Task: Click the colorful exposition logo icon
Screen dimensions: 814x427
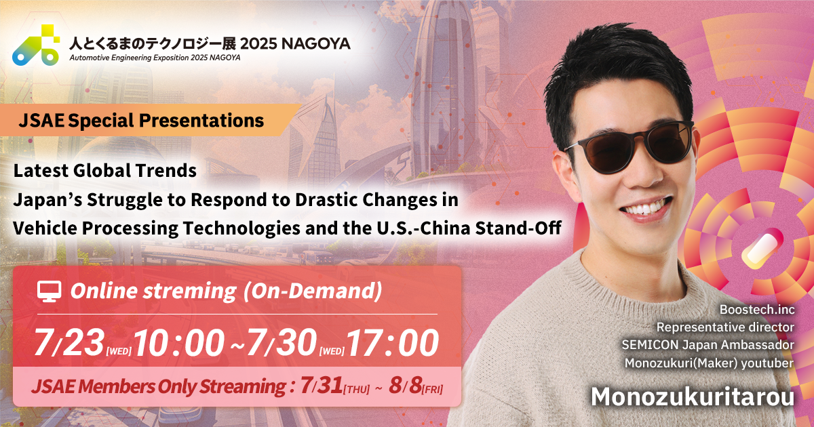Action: [x=36, y=45]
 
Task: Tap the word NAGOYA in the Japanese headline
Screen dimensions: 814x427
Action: [x=316, y=44]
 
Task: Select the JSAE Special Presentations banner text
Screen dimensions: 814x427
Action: [x=141, y=121]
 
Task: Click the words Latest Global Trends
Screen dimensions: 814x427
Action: [x=105, y=170]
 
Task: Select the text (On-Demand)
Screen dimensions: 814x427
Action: [x=312, y=291]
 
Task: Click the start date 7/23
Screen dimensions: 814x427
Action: [x=69, y=342]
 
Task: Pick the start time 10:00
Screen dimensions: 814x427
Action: [x=179, y=343]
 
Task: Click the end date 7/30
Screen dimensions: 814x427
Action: [x=282, y=342]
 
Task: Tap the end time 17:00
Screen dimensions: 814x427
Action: [x=393, y=343]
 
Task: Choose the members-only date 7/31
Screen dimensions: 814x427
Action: [x=322, y=386]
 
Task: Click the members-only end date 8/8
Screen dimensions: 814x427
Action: [x=405, y=386]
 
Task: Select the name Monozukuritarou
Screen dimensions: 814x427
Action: [x=693, y=397]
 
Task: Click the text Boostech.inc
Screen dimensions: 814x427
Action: [x=757, y=310]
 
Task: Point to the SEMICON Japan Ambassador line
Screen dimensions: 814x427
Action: [x=708, y=344]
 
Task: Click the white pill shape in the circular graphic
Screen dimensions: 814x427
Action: [x=760, y=251]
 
